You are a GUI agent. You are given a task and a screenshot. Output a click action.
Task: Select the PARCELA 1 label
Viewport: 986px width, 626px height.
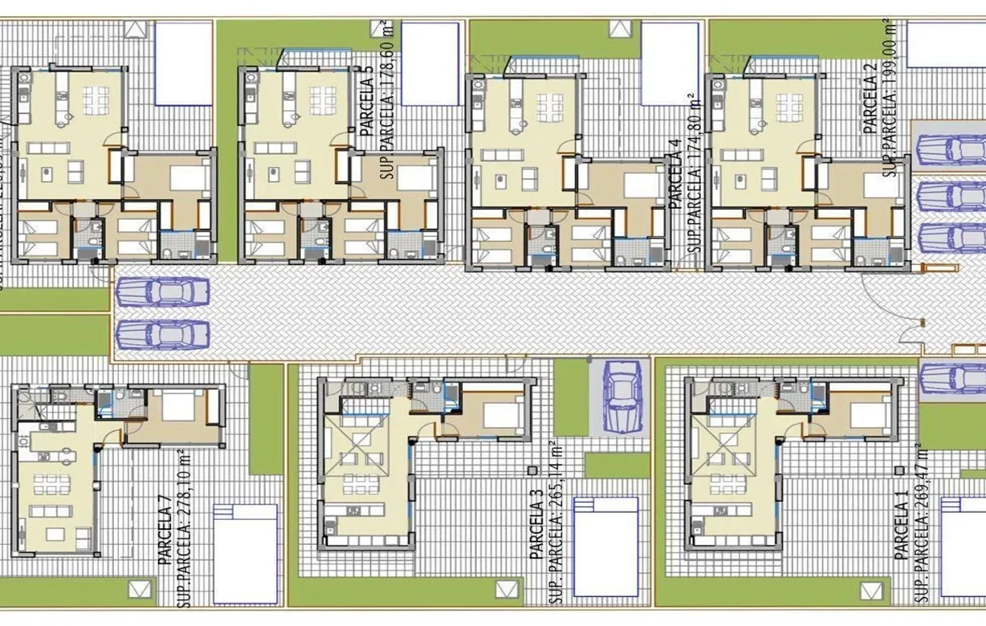pos(903,530)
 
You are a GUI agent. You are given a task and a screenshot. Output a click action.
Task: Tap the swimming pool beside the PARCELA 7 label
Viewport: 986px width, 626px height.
pos(245,553)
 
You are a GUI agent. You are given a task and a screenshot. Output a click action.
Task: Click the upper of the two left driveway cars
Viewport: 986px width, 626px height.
pos(163,292)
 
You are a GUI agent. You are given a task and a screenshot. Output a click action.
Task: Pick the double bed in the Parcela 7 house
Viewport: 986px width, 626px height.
pos(178,406)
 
